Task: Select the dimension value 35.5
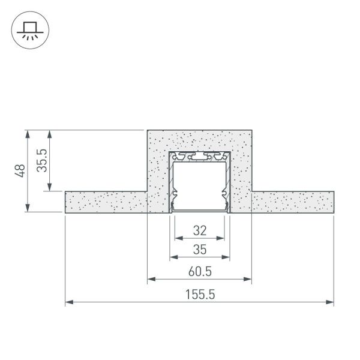(42, 160)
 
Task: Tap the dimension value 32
(199, 230)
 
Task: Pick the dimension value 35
(199, 249)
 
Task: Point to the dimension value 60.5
(199, 272)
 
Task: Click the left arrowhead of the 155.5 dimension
(68, 302)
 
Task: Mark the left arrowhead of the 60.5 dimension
(151, 279)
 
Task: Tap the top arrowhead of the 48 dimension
(28, 133)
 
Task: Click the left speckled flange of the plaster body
(105, 202)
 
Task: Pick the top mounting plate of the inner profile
(199, 157)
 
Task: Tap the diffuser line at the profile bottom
(199, 211)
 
